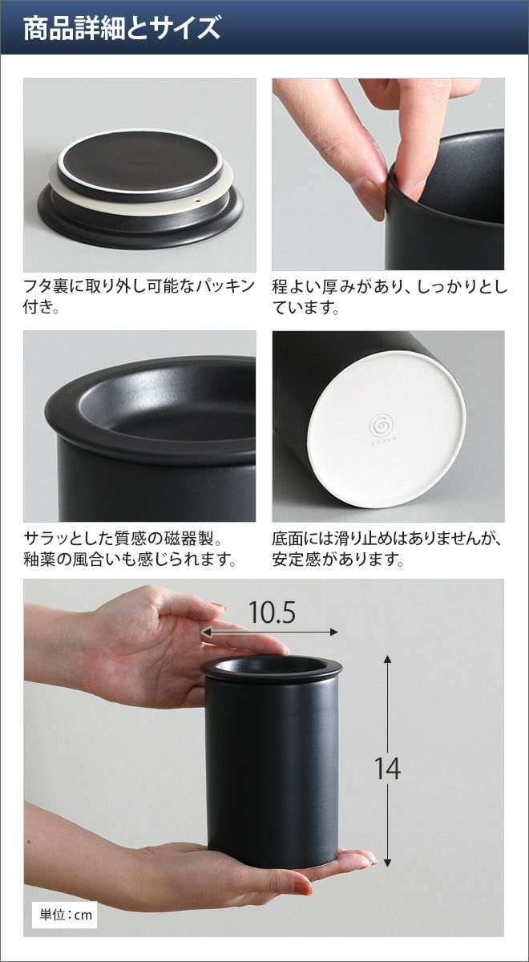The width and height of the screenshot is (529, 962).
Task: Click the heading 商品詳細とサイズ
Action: [122, 29]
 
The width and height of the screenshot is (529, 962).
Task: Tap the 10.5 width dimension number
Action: [272, 612]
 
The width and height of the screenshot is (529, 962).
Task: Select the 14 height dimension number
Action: [388, 768]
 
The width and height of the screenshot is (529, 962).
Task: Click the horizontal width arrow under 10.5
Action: [269, 633]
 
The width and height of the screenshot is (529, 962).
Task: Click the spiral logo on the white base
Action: [381, 425]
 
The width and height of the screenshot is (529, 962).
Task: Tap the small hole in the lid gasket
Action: [199, 201]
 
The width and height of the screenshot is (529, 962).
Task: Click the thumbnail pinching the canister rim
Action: [367, 200]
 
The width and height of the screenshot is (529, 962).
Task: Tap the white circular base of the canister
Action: [387, 430]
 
